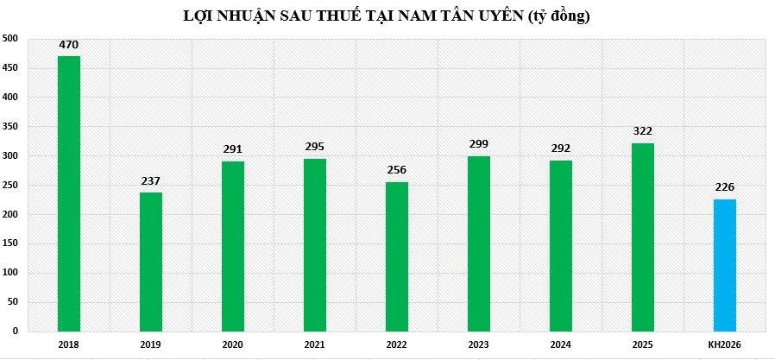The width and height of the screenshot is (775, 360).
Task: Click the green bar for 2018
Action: click(69, 193)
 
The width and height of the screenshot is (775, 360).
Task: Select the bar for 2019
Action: click(151, 262)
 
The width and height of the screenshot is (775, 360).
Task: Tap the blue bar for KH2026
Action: click(725, 265)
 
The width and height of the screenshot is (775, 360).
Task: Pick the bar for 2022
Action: click(397, 256)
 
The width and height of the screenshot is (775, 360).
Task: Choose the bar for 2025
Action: click(643, 237)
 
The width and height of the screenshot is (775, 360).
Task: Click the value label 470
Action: click(69, 45)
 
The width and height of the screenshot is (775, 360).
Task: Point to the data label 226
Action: click(725, 187)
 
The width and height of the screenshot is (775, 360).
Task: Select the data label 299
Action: click(479, 144)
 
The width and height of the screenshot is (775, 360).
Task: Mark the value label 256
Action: click(397, 169)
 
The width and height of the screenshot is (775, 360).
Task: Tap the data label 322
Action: click(643, 131)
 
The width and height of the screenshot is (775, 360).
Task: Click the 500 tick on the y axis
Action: click(9, 39)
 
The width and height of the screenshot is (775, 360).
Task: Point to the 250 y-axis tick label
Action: click(9, 186)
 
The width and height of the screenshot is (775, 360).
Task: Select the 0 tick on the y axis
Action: click(15, 332)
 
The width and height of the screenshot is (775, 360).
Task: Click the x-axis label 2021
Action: click(315, 344)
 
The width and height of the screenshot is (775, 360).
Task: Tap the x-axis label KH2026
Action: click(725, 344)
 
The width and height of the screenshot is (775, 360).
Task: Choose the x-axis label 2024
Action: click(561, 344)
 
